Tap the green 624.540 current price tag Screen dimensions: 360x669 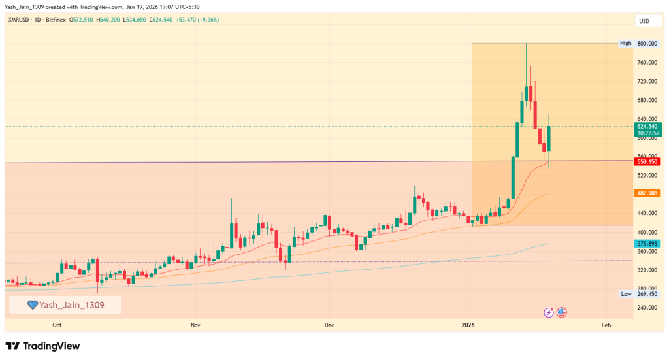click(646, 126)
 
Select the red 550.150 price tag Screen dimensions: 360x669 click(646, 161)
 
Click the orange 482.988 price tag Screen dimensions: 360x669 click(646, 193)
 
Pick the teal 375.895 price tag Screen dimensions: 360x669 click(646, 244)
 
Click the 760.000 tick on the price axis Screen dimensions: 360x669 click(646, 63)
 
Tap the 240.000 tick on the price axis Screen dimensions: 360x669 click(646, 308)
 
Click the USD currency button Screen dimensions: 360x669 click(644, 21)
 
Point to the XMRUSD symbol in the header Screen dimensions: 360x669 click(18, 20)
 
